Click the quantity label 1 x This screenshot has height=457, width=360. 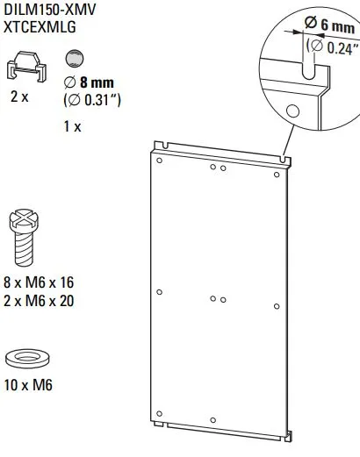pyautogui.click(x=72, y=126)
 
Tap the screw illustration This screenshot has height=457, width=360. pyautogui.click(x=24, y=236)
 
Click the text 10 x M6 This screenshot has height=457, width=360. pyautogui.click(x=32, y=385)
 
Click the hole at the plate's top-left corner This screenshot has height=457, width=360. pyautogui.click(x=158, y=161)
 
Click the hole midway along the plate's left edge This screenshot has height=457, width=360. pyautogui.click(x=157, y=291)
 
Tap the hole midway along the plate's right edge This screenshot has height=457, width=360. pyautogui.click(x=277, y=306)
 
